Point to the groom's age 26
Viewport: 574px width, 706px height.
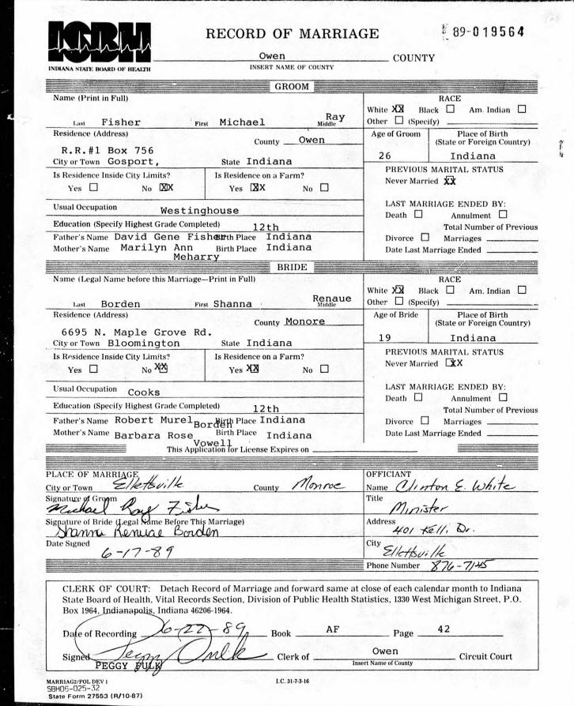[387, 156]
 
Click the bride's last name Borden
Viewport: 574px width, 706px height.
[121, 303]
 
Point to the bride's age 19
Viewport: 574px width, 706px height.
[386, 337]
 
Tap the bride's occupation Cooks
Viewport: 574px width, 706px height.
[144, 392]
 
